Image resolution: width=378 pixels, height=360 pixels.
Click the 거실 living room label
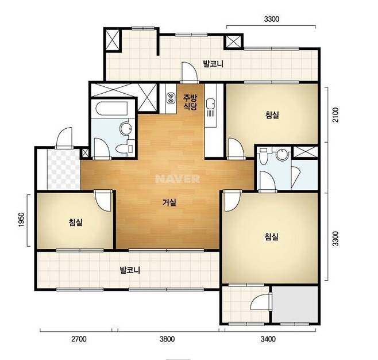point(169,202)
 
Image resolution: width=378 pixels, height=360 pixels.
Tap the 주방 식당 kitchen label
point(190,102)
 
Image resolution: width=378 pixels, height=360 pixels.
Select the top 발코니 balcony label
point(213,64)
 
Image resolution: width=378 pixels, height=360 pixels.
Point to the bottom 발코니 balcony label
point(130,270)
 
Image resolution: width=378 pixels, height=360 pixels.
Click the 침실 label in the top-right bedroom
point(272,114)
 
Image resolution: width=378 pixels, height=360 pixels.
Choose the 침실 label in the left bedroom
point(76,222)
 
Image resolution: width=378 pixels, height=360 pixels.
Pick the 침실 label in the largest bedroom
point(272,236)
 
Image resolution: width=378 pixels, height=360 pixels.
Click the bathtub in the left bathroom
point(112,109)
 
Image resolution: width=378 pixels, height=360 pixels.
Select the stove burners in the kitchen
point(171,98)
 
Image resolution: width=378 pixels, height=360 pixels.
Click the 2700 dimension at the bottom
point(79,339)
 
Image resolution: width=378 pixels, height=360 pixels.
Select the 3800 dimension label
point(167,339)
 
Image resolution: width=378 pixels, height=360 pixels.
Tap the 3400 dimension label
point(268,339)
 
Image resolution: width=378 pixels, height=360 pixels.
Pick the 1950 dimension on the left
point(22,219)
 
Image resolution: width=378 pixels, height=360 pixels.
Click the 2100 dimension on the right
point(335,115)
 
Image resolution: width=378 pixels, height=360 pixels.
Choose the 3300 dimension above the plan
point(272,19)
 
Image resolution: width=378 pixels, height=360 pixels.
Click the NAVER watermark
point(178,179)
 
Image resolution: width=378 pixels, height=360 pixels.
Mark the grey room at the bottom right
point(295,304)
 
